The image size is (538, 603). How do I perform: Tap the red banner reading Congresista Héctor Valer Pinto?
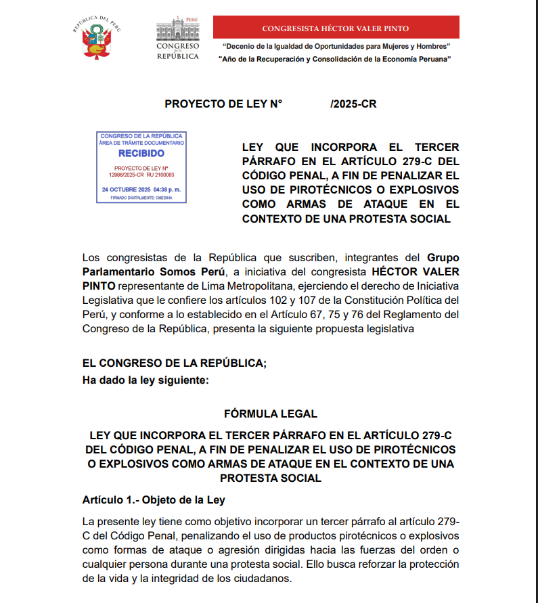(336, 28)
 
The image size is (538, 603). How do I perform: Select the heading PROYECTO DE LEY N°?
(223, 104)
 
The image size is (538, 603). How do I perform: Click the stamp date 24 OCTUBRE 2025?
(126, 189)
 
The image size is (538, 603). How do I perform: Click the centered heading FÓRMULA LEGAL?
(270, 414)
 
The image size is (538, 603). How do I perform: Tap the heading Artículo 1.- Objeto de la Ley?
(153, 500)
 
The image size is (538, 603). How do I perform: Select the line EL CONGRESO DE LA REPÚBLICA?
(175, 363)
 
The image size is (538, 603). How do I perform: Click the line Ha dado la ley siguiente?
(145, 380)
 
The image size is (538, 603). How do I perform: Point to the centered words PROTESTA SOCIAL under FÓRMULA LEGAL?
(270, 478)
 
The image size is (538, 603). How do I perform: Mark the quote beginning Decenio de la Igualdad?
(336, 46)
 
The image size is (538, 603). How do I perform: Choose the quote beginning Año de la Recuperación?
(336, 60)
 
